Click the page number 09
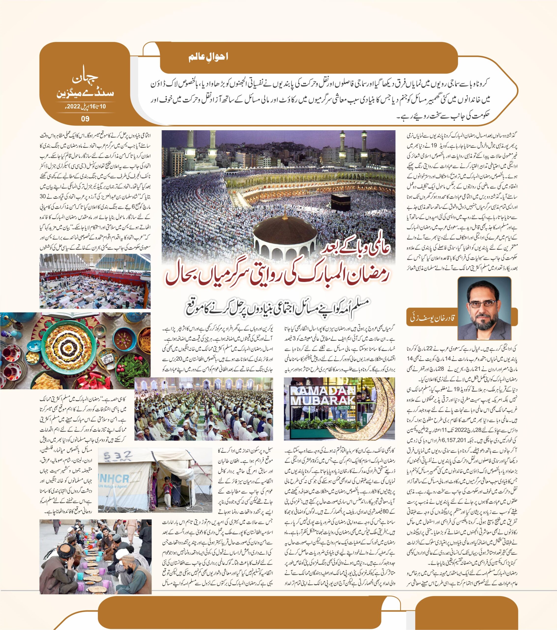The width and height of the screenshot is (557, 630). (x=85, y=119)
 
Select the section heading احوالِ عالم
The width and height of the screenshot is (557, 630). (x=208, y=57)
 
